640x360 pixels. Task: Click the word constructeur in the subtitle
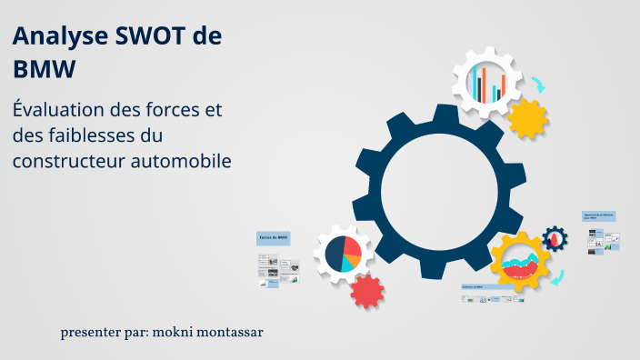pos(68,161)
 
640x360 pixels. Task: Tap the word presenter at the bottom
pos(93,333)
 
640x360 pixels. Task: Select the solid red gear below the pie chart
pos(366,291)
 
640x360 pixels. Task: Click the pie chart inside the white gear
pos(343,254)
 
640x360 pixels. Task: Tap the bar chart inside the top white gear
pos(487,84)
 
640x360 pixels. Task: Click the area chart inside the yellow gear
pos(520,263)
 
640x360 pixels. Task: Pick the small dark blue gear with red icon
pos(554,239)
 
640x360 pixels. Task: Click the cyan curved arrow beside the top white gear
pos(538,85)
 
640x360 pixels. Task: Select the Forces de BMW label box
pos(273,237)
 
